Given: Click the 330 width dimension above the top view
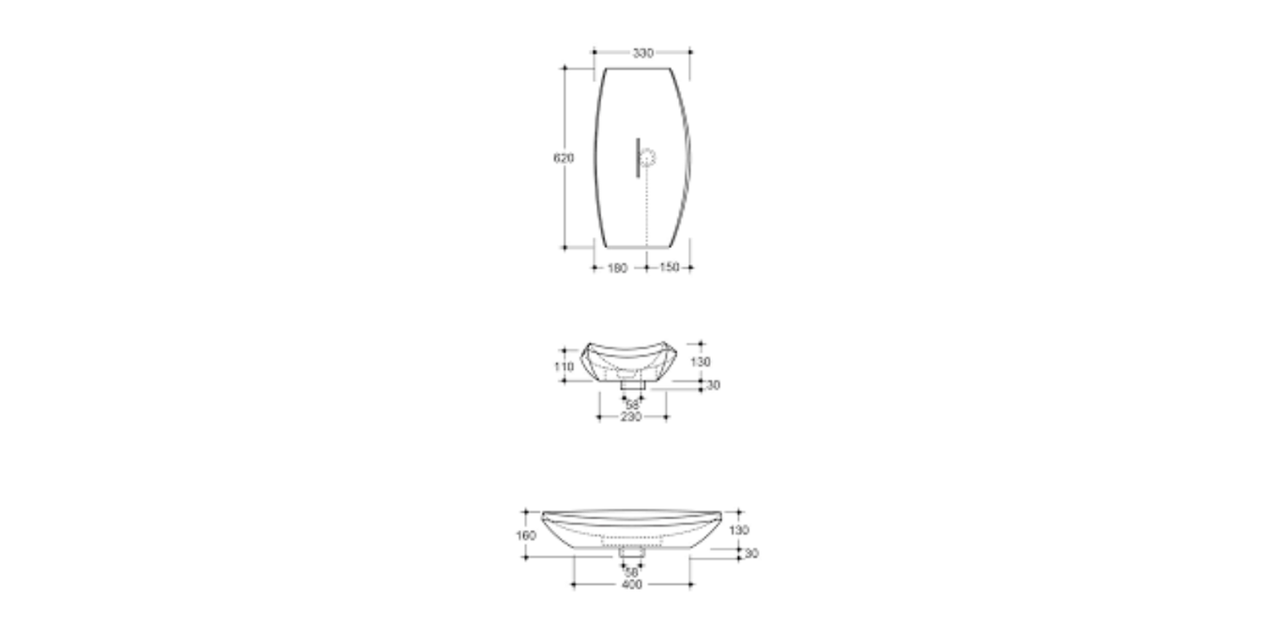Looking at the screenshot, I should tap(642, 53).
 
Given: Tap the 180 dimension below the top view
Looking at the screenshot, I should tap(616, 268).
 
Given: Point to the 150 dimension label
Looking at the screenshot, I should tap(669, 268).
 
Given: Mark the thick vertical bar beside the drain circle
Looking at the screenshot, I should tap(637, 157).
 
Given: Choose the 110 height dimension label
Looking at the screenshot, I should tap(564, 366).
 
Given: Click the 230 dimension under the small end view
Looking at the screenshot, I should tap(631, 416).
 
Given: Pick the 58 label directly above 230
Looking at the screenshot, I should tap(632, 405).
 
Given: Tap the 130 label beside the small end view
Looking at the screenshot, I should tap(701, 362).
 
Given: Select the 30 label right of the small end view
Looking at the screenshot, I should tap(714, 385).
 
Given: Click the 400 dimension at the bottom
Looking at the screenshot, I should tap(631, 585).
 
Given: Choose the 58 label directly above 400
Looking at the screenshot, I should tap(631, 572).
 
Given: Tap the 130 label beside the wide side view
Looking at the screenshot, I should tap(739, 530).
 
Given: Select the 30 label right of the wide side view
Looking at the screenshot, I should tap(751, 554).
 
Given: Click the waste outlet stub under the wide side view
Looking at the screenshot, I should tap(631, 553).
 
